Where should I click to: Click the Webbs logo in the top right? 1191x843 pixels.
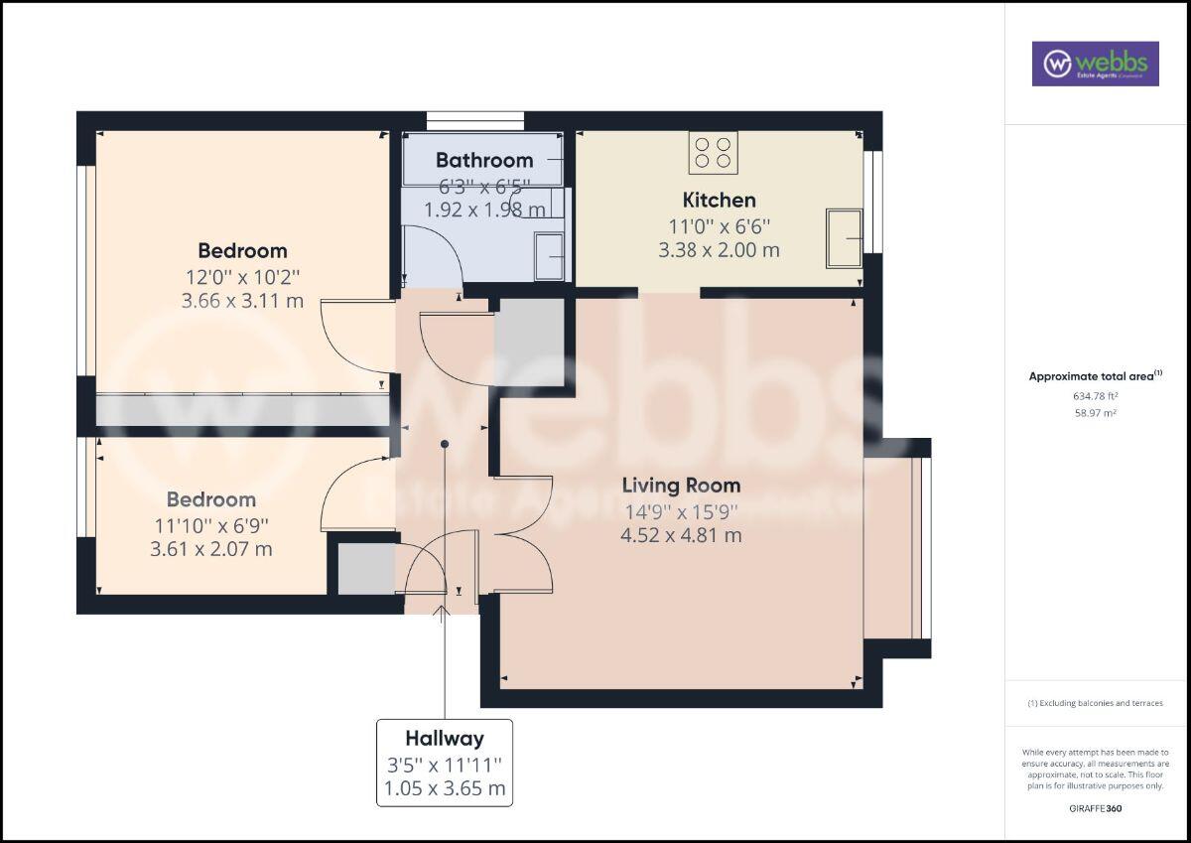[x=1095, y=64]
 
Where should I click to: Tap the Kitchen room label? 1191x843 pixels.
[x=719, y=201]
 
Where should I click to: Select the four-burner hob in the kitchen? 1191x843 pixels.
[x=713, y=152]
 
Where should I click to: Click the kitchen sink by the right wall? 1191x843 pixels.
[x=843, y=238]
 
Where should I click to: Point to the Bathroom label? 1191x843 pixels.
[x=484, y=160]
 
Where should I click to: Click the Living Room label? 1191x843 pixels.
[x=681, y=486]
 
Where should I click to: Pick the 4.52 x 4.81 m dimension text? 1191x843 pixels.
[x=681, y=536]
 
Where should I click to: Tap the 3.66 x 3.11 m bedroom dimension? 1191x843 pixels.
[x=242, y=301]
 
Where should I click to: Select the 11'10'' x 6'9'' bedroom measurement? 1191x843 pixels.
[x=211, y=524]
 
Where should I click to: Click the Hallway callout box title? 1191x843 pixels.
[x=445, y=739]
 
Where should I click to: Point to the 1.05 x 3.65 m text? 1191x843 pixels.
[x=445, y=790]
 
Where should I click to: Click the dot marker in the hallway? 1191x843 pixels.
[x=445, y=444]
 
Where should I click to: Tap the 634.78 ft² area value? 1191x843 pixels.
[x=1095, y=395]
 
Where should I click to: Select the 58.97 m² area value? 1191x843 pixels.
[x=1095, y=412]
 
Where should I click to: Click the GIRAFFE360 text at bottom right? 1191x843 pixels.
[x=1095, y=808]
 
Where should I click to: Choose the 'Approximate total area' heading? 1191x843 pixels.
[x=1094, y=376]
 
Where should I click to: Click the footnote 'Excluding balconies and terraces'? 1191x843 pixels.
[x=1095, y=703]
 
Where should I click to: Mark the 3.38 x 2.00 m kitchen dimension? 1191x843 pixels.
[x=719, y=250]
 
